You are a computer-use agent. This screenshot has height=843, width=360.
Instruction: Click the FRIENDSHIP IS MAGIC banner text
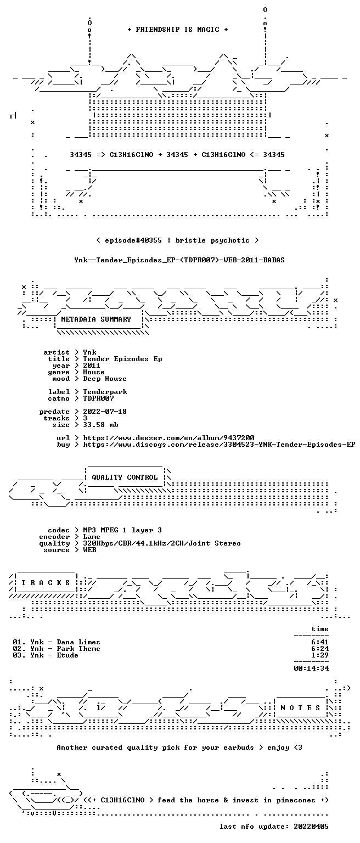click(178, 29)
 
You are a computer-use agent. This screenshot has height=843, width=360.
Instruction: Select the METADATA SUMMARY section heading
click(96, 319)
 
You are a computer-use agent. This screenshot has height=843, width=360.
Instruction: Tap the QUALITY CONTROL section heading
click(125, 477)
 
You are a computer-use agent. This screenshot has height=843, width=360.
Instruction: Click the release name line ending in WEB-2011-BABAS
click(179, 260)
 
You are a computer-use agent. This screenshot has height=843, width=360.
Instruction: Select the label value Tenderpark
click(105, 392)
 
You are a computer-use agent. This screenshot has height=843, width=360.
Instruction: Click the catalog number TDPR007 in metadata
click(98, 398)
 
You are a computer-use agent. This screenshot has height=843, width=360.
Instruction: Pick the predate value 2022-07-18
click(105, 411)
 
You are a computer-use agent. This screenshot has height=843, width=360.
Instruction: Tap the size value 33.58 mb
click(100, 424)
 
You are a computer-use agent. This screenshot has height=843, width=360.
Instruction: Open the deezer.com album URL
click(168, 437)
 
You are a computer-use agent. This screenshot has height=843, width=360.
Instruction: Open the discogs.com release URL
click(219, 445)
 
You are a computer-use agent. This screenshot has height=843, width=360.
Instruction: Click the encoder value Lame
click(92, 537)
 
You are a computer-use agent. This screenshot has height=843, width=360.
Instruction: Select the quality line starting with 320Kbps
click(162, 543)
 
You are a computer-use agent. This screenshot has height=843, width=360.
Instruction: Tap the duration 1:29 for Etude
click(320, 655)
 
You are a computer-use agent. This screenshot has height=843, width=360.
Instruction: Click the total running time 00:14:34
click(311, 668)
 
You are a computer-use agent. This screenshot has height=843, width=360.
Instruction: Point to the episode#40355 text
click(133, 240)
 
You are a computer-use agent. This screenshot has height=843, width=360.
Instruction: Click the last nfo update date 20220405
click(311, 827)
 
